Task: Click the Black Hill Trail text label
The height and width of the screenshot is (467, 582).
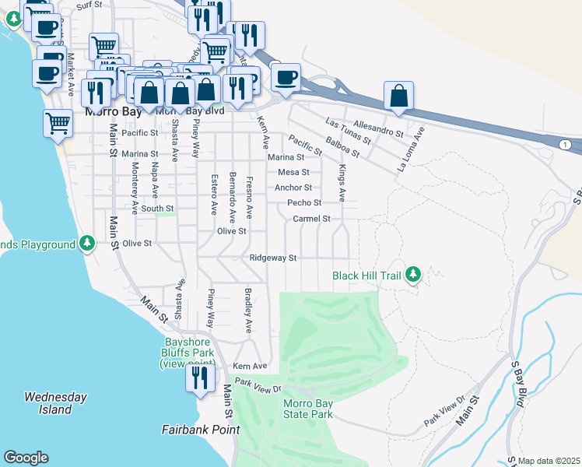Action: click(366, 276)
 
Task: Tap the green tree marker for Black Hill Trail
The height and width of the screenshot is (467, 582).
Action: click(414, 274)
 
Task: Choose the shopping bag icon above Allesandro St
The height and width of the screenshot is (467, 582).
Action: click(398, 96)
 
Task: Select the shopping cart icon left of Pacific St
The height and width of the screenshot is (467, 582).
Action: click(58, 124)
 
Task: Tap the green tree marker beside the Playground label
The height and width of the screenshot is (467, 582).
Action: click(88, 244)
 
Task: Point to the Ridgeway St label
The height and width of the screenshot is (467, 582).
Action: click(273, 258)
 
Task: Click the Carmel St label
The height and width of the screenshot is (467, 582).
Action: click(312, 219)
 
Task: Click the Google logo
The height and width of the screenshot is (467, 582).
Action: click(26, 458)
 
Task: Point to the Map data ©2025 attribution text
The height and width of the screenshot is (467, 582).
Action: click(549, 461)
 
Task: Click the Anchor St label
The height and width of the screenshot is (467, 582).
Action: click(293, 188)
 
